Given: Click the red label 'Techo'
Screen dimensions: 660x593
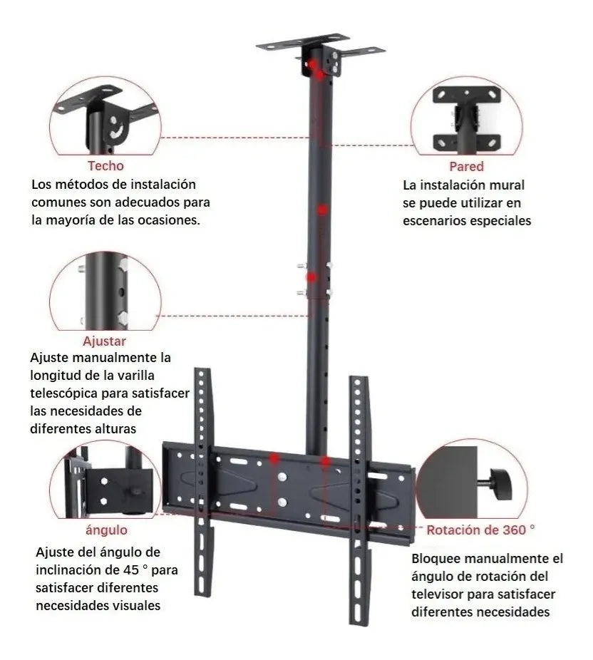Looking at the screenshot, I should (105, 166).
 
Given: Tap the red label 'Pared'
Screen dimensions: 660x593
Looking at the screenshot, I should (466, 167).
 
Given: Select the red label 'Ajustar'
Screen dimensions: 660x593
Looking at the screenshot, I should (104, 341).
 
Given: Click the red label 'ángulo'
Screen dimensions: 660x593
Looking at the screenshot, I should (106, 530).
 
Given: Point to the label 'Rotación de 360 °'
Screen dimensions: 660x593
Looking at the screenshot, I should (480, 530).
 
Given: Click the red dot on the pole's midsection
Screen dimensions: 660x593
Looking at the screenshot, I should (322, 210).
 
